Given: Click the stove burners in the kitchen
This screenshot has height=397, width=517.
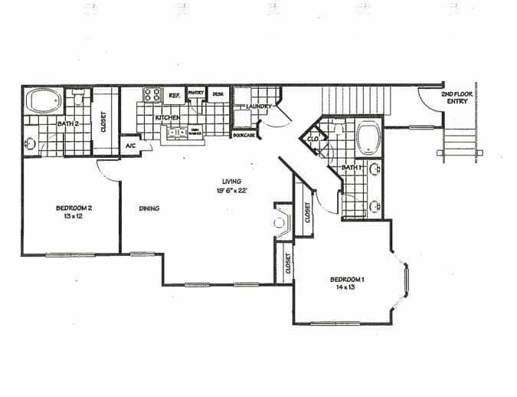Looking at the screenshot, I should pos(151,96).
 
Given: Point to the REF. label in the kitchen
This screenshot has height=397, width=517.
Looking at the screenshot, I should pos(174,96).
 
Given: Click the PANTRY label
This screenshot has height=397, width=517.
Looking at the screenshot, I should pos(195,93).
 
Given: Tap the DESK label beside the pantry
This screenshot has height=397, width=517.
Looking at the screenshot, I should pos(218,94).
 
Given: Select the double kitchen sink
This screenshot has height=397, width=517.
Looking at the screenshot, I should pos(178,133).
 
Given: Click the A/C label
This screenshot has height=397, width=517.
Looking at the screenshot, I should pos(129,145).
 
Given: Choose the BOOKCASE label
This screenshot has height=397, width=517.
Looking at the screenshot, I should pos(243,135).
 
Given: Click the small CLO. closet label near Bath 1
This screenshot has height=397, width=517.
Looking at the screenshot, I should pos(313,139).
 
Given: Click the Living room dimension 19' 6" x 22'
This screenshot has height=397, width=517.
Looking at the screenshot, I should pos(232,191).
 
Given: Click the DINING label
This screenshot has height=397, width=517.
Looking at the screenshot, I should pos(149,208).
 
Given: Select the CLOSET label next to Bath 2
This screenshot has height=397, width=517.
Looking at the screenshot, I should pos(103,122).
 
